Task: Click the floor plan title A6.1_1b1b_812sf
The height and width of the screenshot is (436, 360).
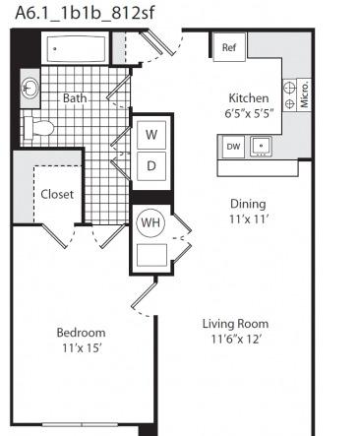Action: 85,14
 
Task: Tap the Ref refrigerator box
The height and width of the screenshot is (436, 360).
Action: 229,47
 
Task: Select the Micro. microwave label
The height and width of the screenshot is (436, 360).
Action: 304,95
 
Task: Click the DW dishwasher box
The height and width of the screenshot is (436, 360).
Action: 233,147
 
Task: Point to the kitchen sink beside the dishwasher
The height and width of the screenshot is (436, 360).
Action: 261,147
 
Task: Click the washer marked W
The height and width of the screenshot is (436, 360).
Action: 151,135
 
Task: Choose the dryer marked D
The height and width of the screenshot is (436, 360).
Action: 151,166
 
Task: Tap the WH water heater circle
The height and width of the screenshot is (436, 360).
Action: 150,223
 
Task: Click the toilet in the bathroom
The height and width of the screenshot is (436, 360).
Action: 38,128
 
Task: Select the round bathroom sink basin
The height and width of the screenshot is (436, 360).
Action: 30,88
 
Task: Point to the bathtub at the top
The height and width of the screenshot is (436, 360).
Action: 77,49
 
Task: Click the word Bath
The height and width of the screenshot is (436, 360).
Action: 75,98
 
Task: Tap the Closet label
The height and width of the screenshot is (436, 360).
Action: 57,194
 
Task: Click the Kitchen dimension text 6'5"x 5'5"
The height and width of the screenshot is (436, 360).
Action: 249,113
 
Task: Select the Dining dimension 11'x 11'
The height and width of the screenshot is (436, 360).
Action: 249,218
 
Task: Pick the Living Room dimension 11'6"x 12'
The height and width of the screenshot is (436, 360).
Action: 236,339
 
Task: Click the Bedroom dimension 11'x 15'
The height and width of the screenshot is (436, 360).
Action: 82,347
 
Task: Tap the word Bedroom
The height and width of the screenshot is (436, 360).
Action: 82,333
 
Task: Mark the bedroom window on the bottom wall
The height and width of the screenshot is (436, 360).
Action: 80,425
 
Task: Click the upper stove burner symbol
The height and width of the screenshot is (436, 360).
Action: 290,88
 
